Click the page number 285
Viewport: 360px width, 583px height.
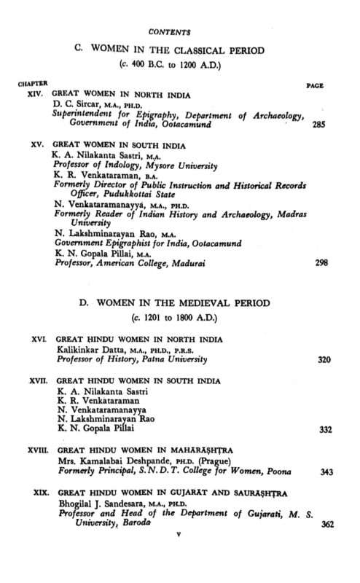[318, 125]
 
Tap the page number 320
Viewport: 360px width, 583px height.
[326, 360]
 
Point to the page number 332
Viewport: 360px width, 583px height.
[326, 430]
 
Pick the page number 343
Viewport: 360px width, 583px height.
[326, 472]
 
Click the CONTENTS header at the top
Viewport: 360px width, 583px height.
[168, 33]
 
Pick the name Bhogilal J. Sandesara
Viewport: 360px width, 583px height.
[106, 504]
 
